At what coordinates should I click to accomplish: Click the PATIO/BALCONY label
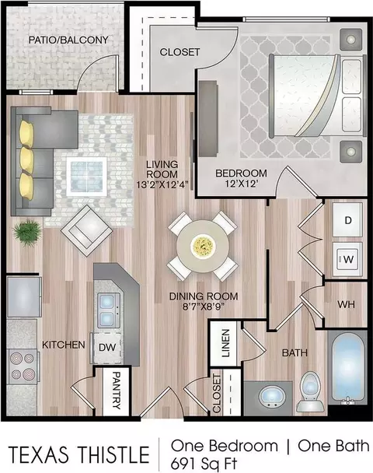click(x=68, y=40)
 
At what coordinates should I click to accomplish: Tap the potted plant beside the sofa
click(x=27, y=233)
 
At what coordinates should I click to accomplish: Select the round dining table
click(x=203, y=246)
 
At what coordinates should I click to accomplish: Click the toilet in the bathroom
click(x=310, y=391)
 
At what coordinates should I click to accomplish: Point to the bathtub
click(x=347, y=368)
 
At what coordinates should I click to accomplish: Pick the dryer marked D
click(x=347, y=220)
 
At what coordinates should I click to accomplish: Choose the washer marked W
click(x=347, y=259)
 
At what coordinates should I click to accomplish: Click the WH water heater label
click(x=346, y=305)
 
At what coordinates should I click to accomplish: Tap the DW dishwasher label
click(x=107, y=347)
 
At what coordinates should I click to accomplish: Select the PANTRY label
click(x=116, y=390)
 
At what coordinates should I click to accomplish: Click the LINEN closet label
click(x=225, y=343)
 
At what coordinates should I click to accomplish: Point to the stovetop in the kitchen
click(x=23, y=366)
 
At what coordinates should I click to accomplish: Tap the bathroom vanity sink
click(x=272, y=398)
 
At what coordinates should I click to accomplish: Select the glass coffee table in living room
click(x=87, y=177)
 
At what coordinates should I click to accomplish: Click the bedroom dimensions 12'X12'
click(x=241, y=184)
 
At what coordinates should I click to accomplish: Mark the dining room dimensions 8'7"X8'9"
click(x=204, y=307)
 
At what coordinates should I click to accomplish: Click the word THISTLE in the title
click(x=113, y=454)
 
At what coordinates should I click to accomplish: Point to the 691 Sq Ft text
click(x=204, y=463)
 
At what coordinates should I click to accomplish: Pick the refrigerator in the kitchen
click(x=24, y=297)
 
